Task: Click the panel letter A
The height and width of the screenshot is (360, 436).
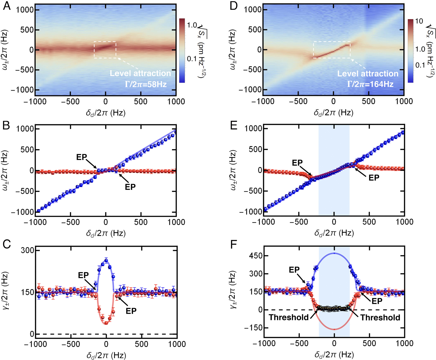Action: click(6, 6)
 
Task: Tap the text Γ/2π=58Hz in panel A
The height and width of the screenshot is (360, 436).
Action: click(146, 84)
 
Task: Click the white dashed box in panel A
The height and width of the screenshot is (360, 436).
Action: click(105, 50)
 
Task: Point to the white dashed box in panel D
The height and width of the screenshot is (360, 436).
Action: click(332, 50)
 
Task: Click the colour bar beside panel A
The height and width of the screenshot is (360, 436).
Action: click(182, 50)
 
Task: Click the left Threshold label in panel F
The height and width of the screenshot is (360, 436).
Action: click(289, 317)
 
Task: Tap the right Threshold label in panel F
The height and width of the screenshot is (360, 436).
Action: click(380, 318)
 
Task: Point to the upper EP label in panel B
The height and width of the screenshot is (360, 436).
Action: click(82, 157)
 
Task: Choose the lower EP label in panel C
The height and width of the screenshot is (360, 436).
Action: click(131, 311)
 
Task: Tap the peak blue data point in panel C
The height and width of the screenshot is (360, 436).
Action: click(106, 261)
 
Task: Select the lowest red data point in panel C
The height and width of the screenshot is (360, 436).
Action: click(106, 323)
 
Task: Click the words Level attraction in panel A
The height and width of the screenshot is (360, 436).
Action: click(140, 73)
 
